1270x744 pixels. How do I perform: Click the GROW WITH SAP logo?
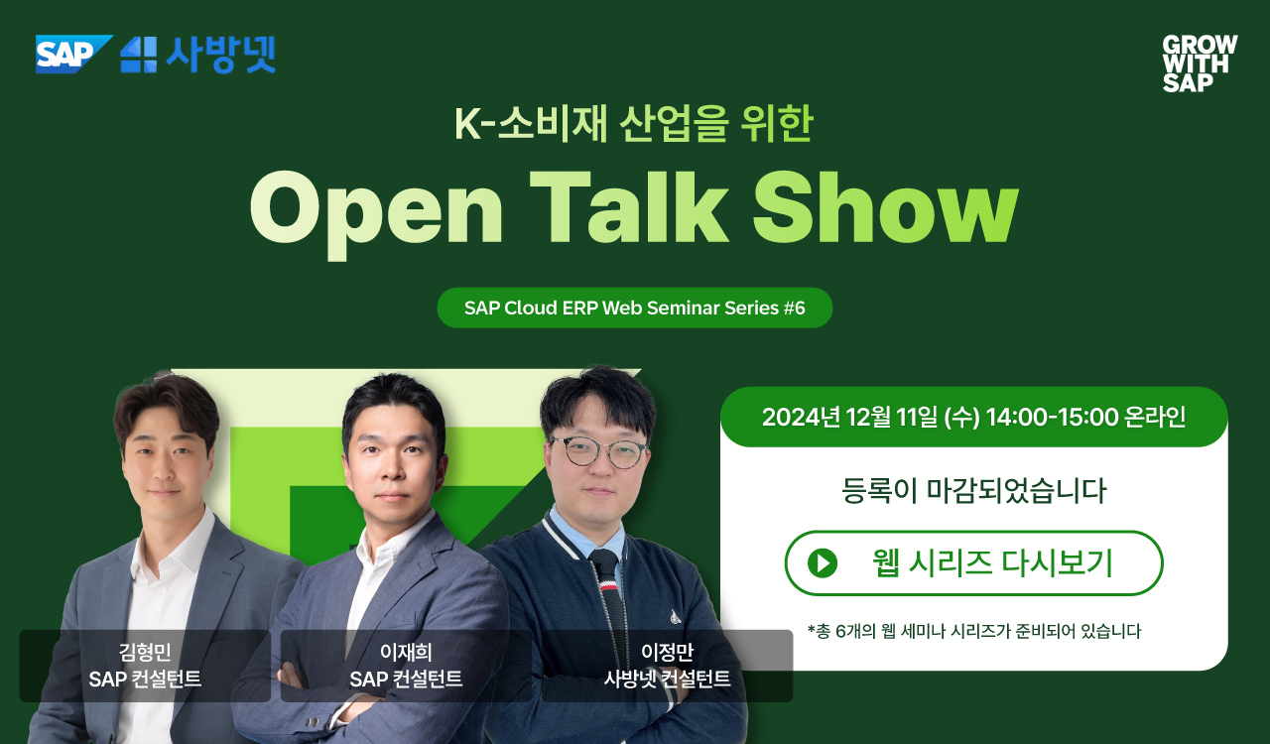[1200, 62]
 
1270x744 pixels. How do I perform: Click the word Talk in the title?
[628, 206]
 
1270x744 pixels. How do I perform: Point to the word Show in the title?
[886, 206]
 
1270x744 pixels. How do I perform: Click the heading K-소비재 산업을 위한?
[634, 123]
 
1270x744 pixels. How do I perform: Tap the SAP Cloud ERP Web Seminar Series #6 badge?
[634, 308]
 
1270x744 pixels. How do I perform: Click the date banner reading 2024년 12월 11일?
[973, 417]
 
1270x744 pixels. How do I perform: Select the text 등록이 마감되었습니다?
[973, 490]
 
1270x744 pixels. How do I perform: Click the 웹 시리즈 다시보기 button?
[973, 563]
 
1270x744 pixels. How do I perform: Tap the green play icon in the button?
[823, 563]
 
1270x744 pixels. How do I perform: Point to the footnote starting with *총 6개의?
[974, 631]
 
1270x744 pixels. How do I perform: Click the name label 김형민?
[145, 652]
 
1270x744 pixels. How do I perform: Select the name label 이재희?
[406, 652]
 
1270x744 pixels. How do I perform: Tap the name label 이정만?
[667, 652]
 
